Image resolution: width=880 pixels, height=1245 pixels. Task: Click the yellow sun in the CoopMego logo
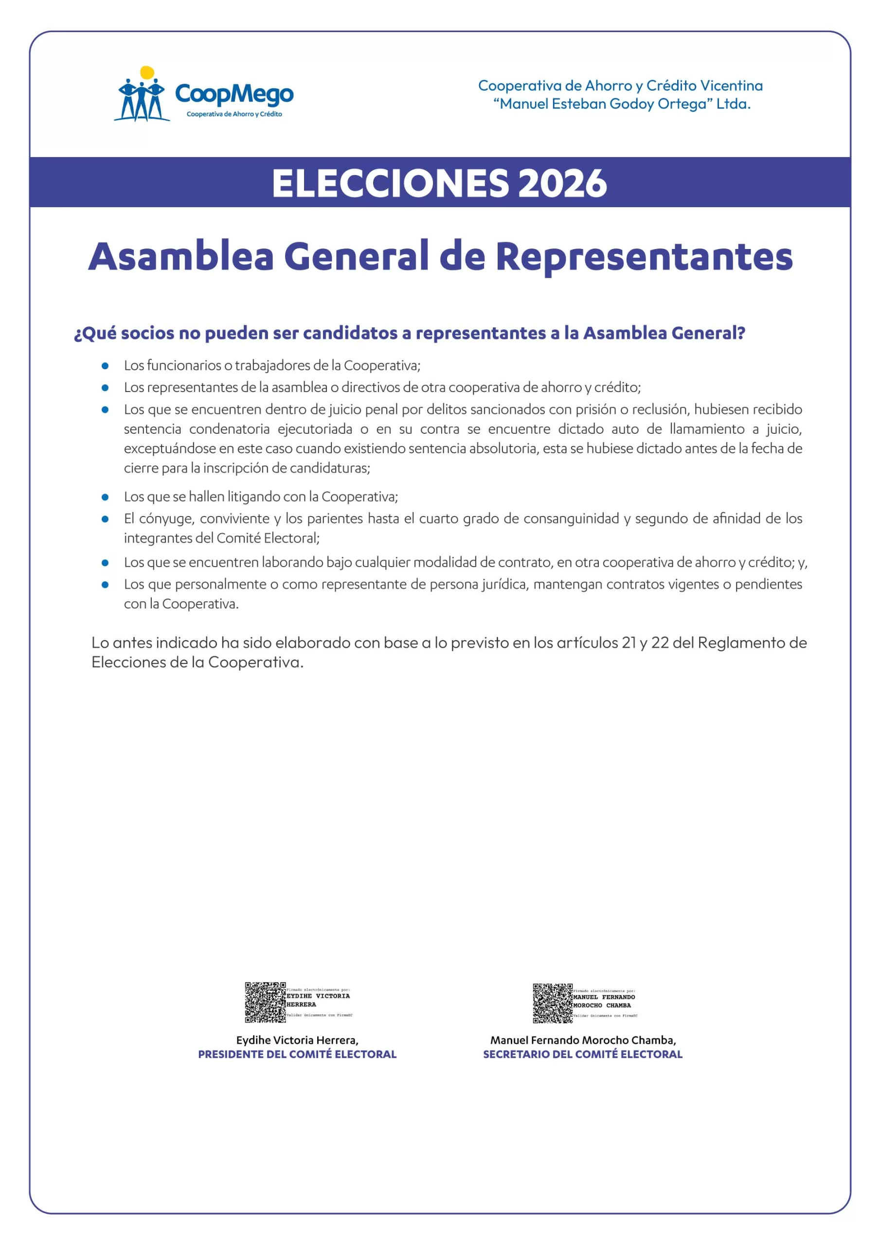(x=147, y=72)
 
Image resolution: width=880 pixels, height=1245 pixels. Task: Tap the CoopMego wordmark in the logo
(x=234, y=94)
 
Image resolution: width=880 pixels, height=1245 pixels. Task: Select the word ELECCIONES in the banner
(x=390, y=183)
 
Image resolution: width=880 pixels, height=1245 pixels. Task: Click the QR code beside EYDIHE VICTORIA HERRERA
(x=265, y=1002)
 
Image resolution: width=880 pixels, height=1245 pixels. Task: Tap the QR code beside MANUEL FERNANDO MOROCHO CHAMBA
(x=552, y=1003)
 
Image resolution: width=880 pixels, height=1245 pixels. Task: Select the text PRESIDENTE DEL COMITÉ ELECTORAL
(x=297, y=1054)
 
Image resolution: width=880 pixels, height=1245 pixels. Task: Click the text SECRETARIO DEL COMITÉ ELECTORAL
(x=583, y=1054)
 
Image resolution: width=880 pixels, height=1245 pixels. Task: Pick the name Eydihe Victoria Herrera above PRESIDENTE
(x=297, y=1040)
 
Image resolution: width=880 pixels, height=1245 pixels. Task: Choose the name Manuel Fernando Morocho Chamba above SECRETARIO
(x=583, y=1040)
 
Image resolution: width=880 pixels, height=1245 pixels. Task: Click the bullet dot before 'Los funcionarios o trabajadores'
(x=105, y=366)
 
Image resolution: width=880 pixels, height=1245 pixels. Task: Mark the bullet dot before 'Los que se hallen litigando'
(x=105, y=497)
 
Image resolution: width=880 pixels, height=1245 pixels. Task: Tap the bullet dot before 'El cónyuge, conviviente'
(x=105, y=519)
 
